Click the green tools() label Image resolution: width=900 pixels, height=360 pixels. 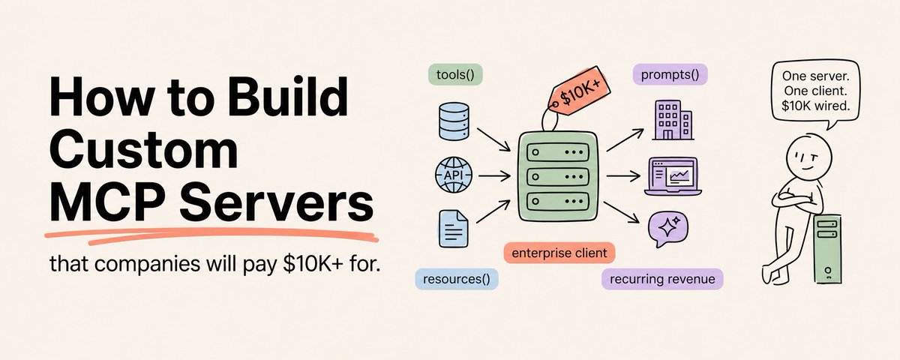(455, 75)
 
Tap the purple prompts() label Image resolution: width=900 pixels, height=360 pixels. (670, 75)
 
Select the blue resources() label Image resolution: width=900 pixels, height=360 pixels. (457, 279)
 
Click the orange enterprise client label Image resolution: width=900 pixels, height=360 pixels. (559, 253)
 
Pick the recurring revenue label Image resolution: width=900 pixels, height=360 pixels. (662, 279)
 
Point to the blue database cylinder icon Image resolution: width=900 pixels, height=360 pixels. (454, 121)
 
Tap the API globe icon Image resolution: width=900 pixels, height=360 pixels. (454, 175)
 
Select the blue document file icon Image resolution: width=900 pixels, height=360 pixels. (453, 229)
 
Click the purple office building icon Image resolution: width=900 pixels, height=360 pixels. (673, 120)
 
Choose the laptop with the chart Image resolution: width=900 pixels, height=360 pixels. (673, 176)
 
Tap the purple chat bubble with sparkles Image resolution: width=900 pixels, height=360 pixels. (667, 229)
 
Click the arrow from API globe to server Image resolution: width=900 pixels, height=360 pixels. (494, 175)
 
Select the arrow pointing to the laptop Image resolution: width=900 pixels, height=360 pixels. (623, 176)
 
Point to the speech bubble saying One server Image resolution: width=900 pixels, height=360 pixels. (816, 91)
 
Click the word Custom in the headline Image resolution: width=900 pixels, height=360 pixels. (144, 150)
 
